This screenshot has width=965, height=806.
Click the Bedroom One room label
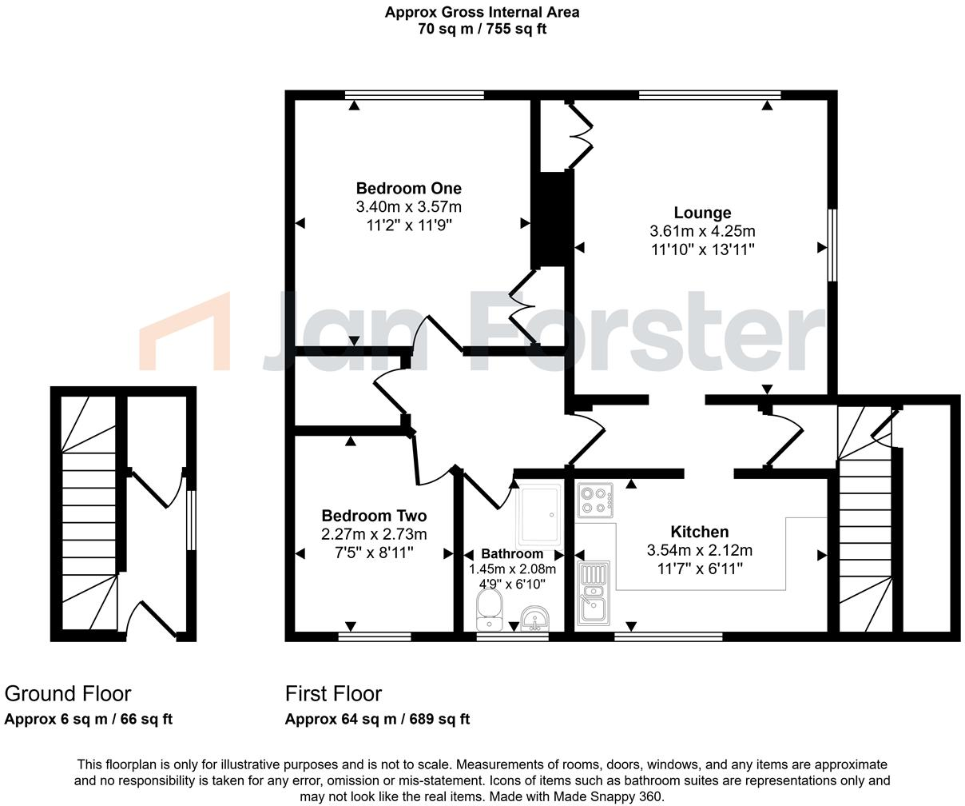[408, 189]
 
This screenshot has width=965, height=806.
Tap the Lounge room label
[702, 213]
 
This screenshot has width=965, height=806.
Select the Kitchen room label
[699, 532]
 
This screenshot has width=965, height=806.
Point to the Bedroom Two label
[374, 516]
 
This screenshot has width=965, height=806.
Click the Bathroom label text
[512, 553]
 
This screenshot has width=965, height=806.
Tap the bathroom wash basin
[534, 618]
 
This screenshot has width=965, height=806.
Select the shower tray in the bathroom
[540, 516]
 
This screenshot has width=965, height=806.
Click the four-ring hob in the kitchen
[594, 501]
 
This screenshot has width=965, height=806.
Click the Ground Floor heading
[68, 693]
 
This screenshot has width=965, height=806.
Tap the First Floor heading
[334, 693]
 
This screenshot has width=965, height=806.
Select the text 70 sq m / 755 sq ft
[482, 29]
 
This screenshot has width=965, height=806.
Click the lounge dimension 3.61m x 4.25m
[702, 231]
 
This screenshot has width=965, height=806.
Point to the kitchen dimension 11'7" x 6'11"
[699, 569]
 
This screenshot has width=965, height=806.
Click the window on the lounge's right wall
[832, 245]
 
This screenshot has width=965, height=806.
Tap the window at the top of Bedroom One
[415, 95]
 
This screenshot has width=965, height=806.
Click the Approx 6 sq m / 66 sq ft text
[89, 719]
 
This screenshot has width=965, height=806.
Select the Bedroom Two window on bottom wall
[375, 636]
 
